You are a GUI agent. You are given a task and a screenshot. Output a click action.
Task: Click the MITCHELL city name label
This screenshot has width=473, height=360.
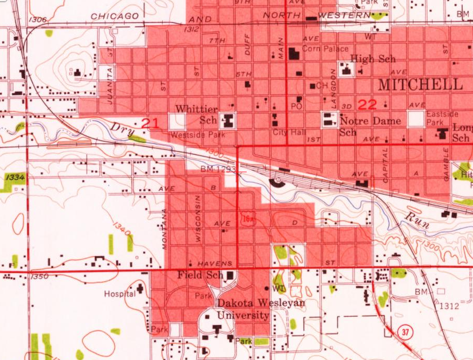tap(420, 84)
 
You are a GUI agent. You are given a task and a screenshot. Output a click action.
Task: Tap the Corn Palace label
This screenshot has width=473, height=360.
tap(325, 49)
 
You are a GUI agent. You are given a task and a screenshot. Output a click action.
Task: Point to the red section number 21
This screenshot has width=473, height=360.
tap(150, 123)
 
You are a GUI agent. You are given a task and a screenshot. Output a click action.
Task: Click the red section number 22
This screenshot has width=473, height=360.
tap(367, 104)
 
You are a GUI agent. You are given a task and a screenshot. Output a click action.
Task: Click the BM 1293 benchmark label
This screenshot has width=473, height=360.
tap(218, 169)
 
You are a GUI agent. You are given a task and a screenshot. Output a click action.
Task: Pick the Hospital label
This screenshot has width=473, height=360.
tap(119, 294)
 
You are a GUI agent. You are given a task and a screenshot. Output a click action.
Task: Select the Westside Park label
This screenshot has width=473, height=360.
tap(198, 134)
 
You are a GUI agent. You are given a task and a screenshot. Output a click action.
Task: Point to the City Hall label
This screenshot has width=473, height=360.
tap(289, 132)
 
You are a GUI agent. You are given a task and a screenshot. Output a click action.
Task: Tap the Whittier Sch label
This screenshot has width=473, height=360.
tap(197, 114)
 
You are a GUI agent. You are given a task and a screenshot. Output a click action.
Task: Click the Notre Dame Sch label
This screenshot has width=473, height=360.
tap(370, 126)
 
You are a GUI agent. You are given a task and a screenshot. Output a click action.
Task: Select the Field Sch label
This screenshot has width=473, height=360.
tap(200, 275)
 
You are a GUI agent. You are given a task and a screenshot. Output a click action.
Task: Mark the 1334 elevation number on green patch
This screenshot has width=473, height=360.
tap(15, 178)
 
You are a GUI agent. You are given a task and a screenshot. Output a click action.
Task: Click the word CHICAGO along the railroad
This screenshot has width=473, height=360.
tap(115, 16)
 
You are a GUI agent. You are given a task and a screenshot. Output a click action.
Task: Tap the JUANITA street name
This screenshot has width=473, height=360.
tap(110, 86)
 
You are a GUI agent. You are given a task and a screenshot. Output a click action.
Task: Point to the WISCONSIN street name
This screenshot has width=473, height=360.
tap(198, 218)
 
